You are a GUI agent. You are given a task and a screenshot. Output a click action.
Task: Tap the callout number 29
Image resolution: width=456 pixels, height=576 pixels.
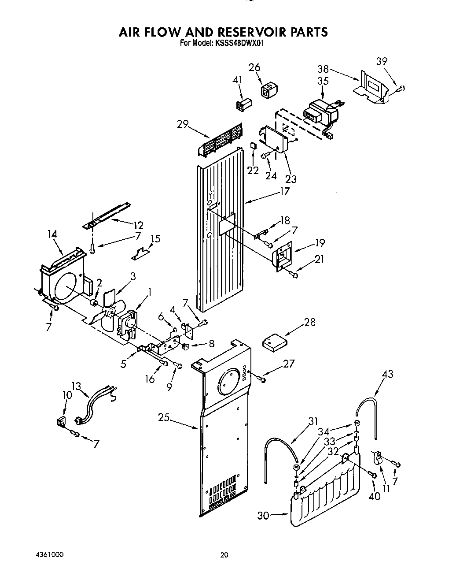183,124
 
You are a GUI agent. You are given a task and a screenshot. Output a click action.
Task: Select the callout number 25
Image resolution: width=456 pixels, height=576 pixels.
164,417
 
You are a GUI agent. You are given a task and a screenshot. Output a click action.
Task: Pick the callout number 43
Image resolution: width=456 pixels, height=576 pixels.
387,374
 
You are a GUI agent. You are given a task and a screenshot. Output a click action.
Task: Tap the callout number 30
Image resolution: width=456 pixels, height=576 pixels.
263,515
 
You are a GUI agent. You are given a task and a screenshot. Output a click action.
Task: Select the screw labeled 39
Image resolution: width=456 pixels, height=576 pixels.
401,89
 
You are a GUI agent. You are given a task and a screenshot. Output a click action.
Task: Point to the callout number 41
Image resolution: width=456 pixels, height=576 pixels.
238,80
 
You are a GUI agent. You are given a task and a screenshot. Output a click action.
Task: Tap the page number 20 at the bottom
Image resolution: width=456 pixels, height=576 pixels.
225,555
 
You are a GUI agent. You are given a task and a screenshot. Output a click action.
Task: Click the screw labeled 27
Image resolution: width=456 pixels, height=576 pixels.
263,379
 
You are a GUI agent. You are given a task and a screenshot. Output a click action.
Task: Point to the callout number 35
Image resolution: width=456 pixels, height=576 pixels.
323,81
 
